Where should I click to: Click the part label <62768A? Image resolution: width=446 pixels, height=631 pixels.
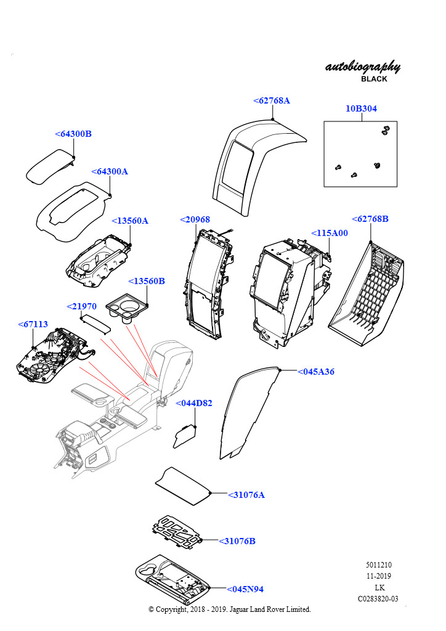click(x=271, y=100)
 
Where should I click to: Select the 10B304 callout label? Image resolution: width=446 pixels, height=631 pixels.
click(x=361, y=108)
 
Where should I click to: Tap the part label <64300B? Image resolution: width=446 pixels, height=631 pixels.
click(x=73, y=134)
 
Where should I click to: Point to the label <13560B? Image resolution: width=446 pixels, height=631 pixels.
click(x=146, y=281)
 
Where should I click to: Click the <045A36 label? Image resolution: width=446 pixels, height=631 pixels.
click(x=316, y=372)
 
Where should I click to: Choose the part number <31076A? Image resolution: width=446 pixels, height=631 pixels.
click(x=246, y=495)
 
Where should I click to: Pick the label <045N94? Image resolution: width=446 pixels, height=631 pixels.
click(x=245, y=589)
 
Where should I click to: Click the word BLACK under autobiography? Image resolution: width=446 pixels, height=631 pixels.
click(x=374, y=79)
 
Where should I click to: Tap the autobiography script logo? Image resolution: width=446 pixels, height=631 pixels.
click(x=362, y=67)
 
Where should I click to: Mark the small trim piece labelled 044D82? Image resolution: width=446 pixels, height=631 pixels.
click(x=185, y=436)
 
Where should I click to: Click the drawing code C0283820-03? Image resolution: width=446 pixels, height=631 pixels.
click(x=378, y=598)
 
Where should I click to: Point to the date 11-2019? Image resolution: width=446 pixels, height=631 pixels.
click(x=378, y=576)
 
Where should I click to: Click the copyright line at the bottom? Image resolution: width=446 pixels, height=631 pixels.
click(x=230, y=609)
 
